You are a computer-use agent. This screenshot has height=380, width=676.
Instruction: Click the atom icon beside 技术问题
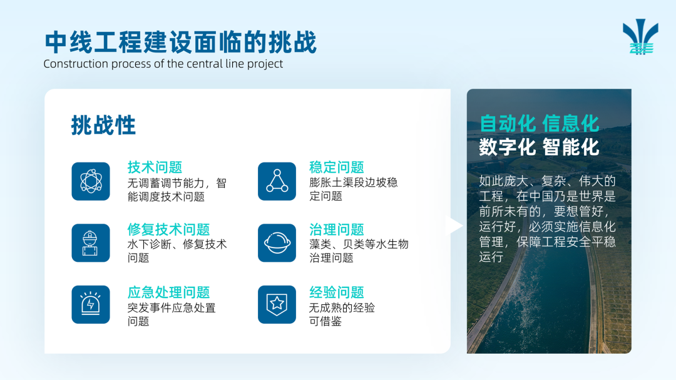coord(91,181)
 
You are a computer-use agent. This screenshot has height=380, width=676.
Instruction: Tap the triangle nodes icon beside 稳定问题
coord(277,181)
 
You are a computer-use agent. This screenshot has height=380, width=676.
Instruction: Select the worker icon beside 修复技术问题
coord(91,242)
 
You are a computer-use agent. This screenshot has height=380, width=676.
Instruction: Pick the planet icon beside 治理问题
coord(277,242)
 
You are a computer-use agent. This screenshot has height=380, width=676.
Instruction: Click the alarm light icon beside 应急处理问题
coord(91,304)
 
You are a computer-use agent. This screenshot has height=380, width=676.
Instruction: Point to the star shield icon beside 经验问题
coord(277,304)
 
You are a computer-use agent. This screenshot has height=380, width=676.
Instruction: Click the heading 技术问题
coord(155,167)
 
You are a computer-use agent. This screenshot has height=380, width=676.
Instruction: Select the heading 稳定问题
coord(337,167)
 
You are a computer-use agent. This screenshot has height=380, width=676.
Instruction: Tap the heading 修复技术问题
coord(168,229)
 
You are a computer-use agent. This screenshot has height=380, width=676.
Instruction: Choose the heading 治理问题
coord(337,229)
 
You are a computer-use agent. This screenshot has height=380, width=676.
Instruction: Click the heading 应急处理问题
coord(168,292)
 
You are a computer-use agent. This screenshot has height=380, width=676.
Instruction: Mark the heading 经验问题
coord(337,292)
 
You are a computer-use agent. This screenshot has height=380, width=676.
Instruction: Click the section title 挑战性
coord(103,125)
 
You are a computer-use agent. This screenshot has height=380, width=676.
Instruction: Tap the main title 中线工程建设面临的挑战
coord(181,42)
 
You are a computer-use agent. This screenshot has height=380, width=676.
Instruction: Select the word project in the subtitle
coord(266,64)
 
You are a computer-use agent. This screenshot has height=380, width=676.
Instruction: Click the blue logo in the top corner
coord(641,37)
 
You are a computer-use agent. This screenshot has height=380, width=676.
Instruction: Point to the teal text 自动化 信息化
coord(540,124)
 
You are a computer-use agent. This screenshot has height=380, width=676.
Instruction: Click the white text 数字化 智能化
coord(540,147)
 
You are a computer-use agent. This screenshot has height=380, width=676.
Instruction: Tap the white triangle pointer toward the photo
coord(456,226)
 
